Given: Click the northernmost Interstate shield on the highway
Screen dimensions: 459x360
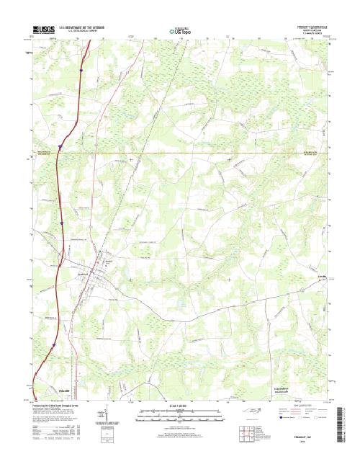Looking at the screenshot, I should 83,70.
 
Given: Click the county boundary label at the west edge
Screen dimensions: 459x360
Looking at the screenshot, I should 46,152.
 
